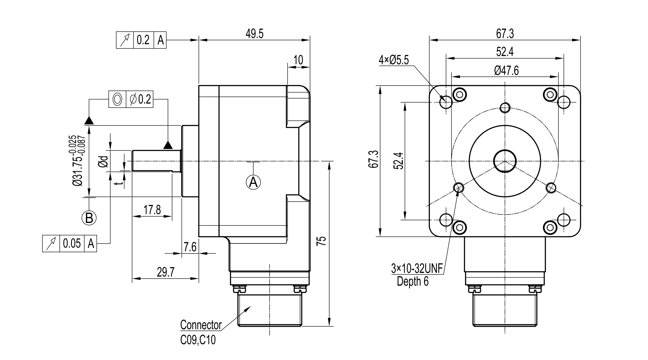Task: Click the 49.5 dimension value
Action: (254, 34)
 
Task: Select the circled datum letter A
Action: (253, 182)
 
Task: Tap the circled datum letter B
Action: (89, 218)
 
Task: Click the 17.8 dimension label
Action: (152, 210)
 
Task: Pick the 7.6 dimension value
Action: (190, 247)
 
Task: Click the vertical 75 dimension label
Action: (322, 241)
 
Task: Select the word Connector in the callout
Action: (201, 325)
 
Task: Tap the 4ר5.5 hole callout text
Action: (394, 60)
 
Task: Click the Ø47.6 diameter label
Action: (506, 71)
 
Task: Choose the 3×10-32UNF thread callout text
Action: (417, 269)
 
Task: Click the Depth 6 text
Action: (413, 281)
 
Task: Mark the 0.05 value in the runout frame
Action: (72, 243)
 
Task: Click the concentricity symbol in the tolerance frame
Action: (117, 99)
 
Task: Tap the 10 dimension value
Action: (298, 60)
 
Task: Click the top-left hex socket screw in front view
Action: (459, 95)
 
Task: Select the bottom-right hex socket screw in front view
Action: (550, 228)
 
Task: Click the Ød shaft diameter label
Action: (104, 161)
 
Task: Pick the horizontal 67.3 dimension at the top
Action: (505, 34)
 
